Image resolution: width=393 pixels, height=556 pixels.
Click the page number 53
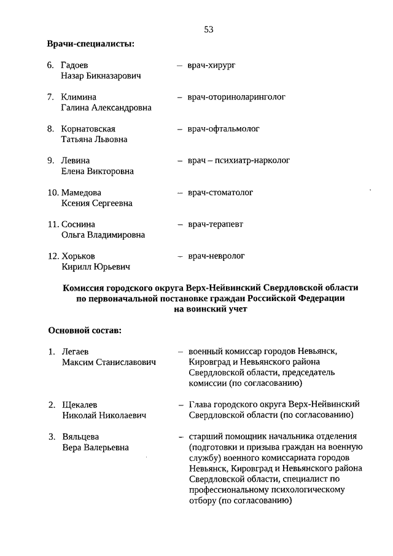(x=209, y=29)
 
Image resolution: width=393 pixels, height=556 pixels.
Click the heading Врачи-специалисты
(x=91, y=44)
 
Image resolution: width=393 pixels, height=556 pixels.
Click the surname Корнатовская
(x=88, y=129)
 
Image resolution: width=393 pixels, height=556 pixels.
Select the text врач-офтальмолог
(x=224, y=129)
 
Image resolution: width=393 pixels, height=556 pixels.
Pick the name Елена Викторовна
(x=97, y=171)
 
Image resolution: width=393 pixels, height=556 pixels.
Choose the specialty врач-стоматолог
(x=220, y=193)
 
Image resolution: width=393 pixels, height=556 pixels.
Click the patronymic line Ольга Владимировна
(x=103, y=235)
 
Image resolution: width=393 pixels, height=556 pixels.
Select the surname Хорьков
(x=79, y=256)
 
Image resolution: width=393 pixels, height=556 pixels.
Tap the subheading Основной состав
(x=84, y=331)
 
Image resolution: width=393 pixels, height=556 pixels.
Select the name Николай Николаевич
(x=104, y=416)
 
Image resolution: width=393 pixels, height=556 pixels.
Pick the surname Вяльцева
(x=79, y=437)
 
